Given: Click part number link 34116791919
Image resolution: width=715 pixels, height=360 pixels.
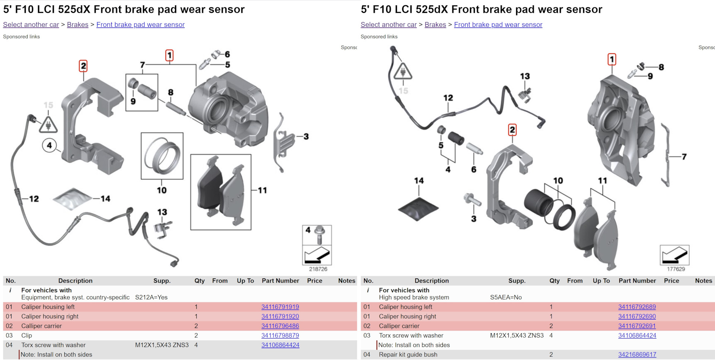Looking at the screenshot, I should pos(280,307).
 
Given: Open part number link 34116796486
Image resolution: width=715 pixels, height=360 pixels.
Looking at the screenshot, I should pos(280,326).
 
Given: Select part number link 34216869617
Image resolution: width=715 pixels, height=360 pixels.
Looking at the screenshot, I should pos(637,354).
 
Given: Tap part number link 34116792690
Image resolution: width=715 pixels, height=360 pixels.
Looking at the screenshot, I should pos(637,316).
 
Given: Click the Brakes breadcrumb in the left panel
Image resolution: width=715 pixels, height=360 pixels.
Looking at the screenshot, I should pos(77,25).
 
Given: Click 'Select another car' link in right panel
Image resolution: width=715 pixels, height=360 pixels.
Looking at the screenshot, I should pos(388,25).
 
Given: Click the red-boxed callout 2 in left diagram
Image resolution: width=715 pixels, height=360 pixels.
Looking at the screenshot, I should pos(83,66).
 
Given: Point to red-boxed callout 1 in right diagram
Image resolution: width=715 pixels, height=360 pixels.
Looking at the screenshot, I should pos(611,60).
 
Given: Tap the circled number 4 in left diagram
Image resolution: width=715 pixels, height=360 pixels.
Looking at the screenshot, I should pos(50,146).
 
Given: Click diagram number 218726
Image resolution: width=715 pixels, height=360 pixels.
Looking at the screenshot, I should pos(318,269).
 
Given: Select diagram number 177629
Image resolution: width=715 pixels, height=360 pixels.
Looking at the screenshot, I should pos(676,269).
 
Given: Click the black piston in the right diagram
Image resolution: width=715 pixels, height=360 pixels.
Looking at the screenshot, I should pos(538,202).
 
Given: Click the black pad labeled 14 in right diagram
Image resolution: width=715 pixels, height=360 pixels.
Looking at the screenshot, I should pos(418,209).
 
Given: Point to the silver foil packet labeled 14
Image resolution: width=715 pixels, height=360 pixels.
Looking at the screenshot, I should pos(72,198).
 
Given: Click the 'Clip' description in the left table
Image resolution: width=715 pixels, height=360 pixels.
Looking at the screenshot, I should pos(26,335).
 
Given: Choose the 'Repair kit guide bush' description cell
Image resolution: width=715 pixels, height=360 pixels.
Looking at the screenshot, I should pos(408,354).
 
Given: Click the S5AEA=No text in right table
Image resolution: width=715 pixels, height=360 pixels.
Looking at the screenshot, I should pos(506,297).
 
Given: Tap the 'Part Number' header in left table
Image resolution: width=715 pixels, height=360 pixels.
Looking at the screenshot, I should pos(280,281).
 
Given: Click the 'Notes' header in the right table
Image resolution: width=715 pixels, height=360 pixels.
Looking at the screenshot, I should pos(703,281).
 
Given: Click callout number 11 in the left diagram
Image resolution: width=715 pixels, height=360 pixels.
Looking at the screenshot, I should pos(263,190).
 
